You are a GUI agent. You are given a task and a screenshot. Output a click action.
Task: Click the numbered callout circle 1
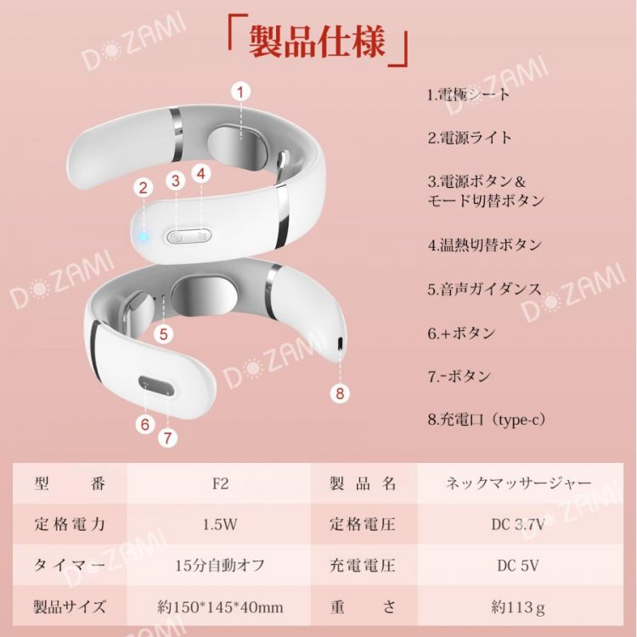[x=240, y=93]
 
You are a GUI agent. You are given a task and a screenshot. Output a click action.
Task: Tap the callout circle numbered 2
[x=143, y=188]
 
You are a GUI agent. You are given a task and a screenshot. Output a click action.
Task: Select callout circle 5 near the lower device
[x=164, y=334]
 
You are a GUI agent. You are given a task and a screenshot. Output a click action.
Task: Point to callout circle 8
[x=340, y=393]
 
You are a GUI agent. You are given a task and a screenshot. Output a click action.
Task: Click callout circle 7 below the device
[x=168, y=438]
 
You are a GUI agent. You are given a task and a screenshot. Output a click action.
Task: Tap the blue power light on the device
[x=142, y=236]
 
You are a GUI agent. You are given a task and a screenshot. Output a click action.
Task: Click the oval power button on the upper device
[x=189, y=235]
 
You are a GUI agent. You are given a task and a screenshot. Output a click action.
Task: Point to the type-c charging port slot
[x=340, y=343]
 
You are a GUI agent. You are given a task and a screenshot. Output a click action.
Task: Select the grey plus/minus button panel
[x=156, y=386]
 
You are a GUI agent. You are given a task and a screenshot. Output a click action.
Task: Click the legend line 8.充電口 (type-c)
[x=487, y=420]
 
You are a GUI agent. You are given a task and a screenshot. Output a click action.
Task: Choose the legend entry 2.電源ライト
[x=469, y=138]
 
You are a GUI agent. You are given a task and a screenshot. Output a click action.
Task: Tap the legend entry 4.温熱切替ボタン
[x=485, y=245]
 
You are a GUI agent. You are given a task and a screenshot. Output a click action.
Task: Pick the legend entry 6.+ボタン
[x=461, y=334]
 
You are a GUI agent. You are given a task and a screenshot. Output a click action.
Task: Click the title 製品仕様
[x=317, y=41]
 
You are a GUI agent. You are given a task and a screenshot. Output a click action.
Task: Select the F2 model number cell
[x=221, y=483]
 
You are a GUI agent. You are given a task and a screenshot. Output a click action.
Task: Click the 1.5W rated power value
[x=220, y=525]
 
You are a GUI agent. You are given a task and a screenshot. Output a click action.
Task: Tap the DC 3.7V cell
[x=518, y=525]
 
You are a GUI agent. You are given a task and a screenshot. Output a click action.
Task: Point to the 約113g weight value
[x=518, y=607]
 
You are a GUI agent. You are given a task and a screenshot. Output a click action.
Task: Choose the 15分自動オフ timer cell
[x=220, y=566]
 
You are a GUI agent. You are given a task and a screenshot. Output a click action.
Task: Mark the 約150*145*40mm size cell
[x=220, y=607]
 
